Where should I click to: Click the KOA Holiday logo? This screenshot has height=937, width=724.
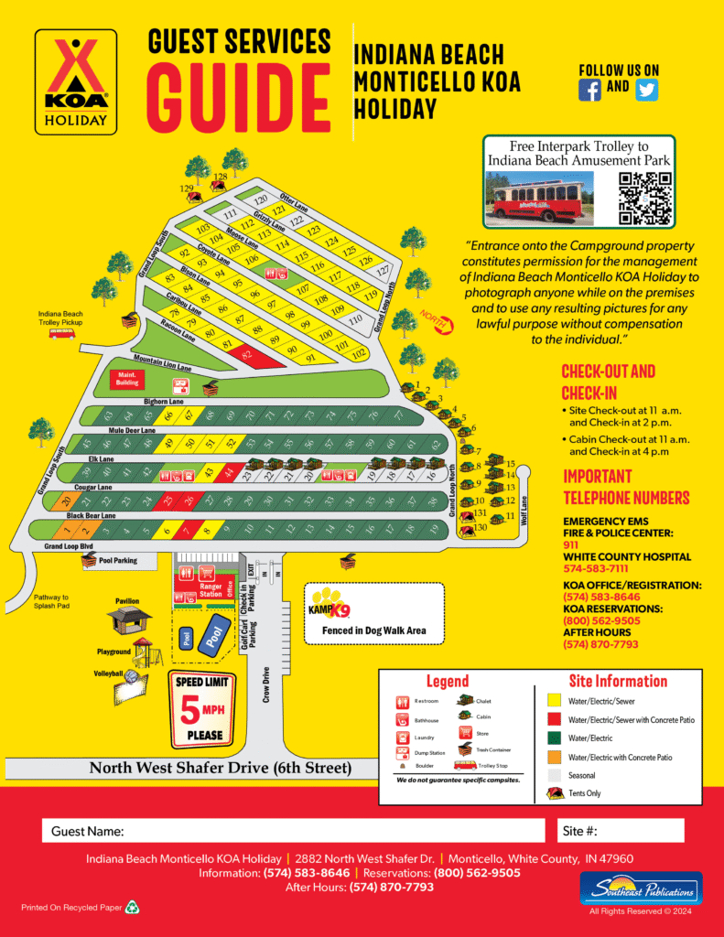click(76, 81)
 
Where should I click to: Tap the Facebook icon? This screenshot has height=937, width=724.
click(590, 89)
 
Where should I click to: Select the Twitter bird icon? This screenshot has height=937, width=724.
click(646, 89)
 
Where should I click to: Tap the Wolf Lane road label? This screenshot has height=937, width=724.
click(524, 502)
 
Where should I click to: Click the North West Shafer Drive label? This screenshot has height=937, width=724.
click(220, 768)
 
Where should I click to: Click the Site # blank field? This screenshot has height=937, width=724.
click(642, 831)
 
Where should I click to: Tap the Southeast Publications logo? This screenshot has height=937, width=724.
click(641, 888)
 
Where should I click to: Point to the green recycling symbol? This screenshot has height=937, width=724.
click(132, 908)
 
